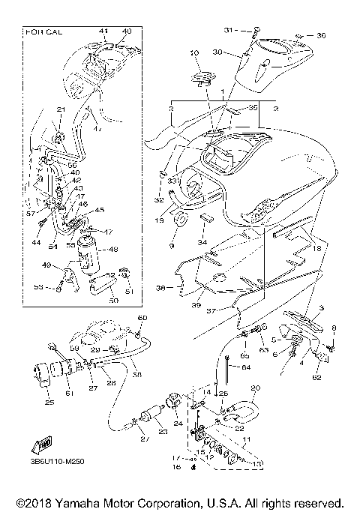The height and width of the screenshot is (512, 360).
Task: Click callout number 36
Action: [x=321, y=34]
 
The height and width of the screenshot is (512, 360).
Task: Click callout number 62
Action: [x=316, y=378]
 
